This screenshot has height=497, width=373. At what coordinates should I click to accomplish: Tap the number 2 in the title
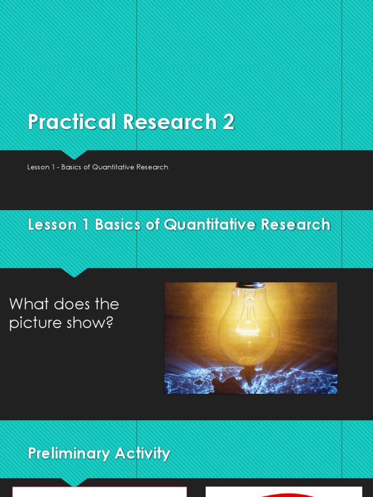[228, 122]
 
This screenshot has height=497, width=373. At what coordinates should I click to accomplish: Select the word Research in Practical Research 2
[170, 122]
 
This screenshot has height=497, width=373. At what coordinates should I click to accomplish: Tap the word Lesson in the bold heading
[52, 225]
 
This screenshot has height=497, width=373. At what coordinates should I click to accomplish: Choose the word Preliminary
[68, 454]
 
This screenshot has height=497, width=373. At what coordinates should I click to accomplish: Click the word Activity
[142, 454]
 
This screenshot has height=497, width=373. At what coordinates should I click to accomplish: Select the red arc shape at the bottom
[284, 495]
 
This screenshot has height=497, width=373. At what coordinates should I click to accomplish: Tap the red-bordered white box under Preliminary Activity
[100, 492]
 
